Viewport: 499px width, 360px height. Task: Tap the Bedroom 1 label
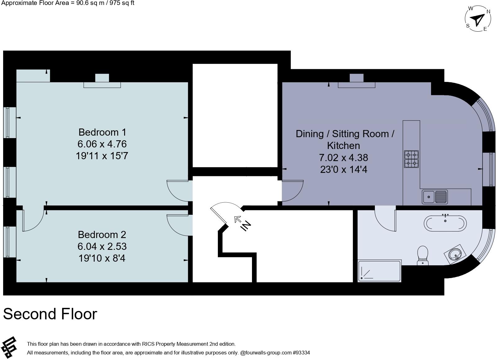102,132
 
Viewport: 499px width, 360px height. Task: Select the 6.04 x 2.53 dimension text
102,246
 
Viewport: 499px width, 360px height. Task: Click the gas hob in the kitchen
411,159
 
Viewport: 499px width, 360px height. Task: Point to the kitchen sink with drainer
435,196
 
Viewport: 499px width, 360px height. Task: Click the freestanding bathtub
445,223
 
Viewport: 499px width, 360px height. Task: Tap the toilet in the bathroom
423,255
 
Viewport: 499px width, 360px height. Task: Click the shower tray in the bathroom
379,271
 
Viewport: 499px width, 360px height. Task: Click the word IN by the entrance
246,226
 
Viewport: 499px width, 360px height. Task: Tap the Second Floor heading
50,314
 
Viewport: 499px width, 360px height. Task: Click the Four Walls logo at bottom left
10,347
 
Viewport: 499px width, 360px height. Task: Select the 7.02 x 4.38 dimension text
344,158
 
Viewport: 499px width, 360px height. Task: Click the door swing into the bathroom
385,219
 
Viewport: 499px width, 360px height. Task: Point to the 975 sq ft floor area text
121,3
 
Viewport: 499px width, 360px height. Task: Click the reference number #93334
301,353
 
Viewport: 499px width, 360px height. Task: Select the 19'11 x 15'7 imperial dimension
102,156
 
